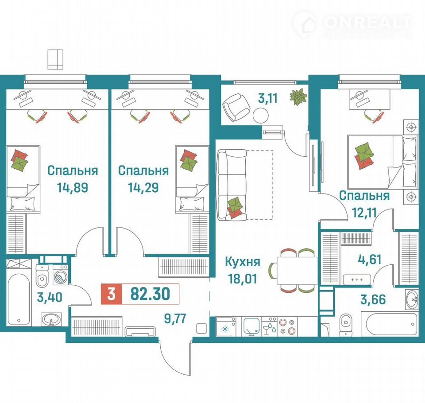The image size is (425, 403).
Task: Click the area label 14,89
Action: [72, 187]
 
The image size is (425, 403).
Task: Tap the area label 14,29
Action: [143, 187]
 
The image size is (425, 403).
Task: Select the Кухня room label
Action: [243, 262]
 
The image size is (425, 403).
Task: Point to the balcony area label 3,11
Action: [268, 98]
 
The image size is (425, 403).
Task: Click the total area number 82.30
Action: [151, 294]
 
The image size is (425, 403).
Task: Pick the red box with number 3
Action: [112, 294]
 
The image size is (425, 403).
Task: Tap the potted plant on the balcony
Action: [298, 97]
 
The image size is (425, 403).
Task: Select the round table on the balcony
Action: [261, 116]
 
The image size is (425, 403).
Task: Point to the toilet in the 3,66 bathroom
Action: [346, 325]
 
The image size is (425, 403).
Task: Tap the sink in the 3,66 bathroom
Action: [412, 299]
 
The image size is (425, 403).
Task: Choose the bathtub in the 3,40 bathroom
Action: [19, 299]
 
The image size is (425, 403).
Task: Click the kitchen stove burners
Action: [287, 327]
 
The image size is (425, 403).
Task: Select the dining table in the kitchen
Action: [297, 271]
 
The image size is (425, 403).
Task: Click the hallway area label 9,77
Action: [175, 318]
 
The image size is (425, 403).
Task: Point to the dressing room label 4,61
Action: [370, 259]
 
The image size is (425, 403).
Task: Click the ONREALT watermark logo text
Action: [368, 22]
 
